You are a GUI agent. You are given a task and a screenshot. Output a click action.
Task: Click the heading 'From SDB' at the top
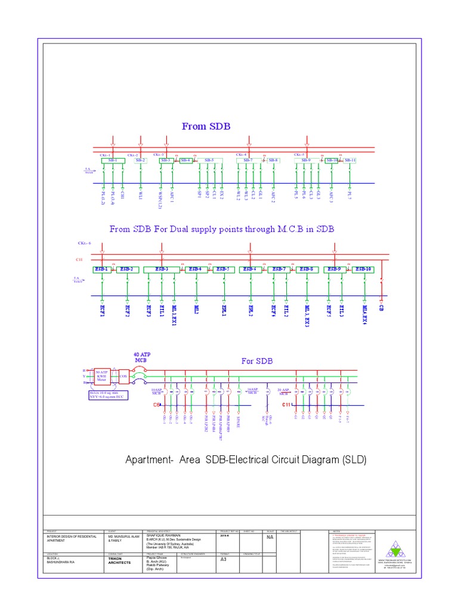(206, 126)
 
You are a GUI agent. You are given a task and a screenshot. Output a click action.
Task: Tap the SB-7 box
(249, 161)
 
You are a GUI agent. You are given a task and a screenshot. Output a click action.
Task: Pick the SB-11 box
(350, 161)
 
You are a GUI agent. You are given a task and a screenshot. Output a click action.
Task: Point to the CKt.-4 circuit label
(241, 155)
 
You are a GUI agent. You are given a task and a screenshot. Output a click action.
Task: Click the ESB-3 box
(162, 270)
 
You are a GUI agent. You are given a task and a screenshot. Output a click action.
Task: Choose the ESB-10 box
(363, 270)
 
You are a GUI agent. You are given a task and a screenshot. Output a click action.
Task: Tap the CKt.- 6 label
(83, 243)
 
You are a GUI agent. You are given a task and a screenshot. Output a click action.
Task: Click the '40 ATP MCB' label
(142, 357)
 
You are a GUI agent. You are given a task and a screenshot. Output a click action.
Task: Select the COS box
(123, 377)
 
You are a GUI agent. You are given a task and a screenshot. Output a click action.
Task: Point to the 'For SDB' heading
(257, 361)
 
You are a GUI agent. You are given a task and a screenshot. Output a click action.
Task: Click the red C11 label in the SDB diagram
(286, 405)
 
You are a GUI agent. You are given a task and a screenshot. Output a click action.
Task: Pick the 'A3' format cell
(224, 560)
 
